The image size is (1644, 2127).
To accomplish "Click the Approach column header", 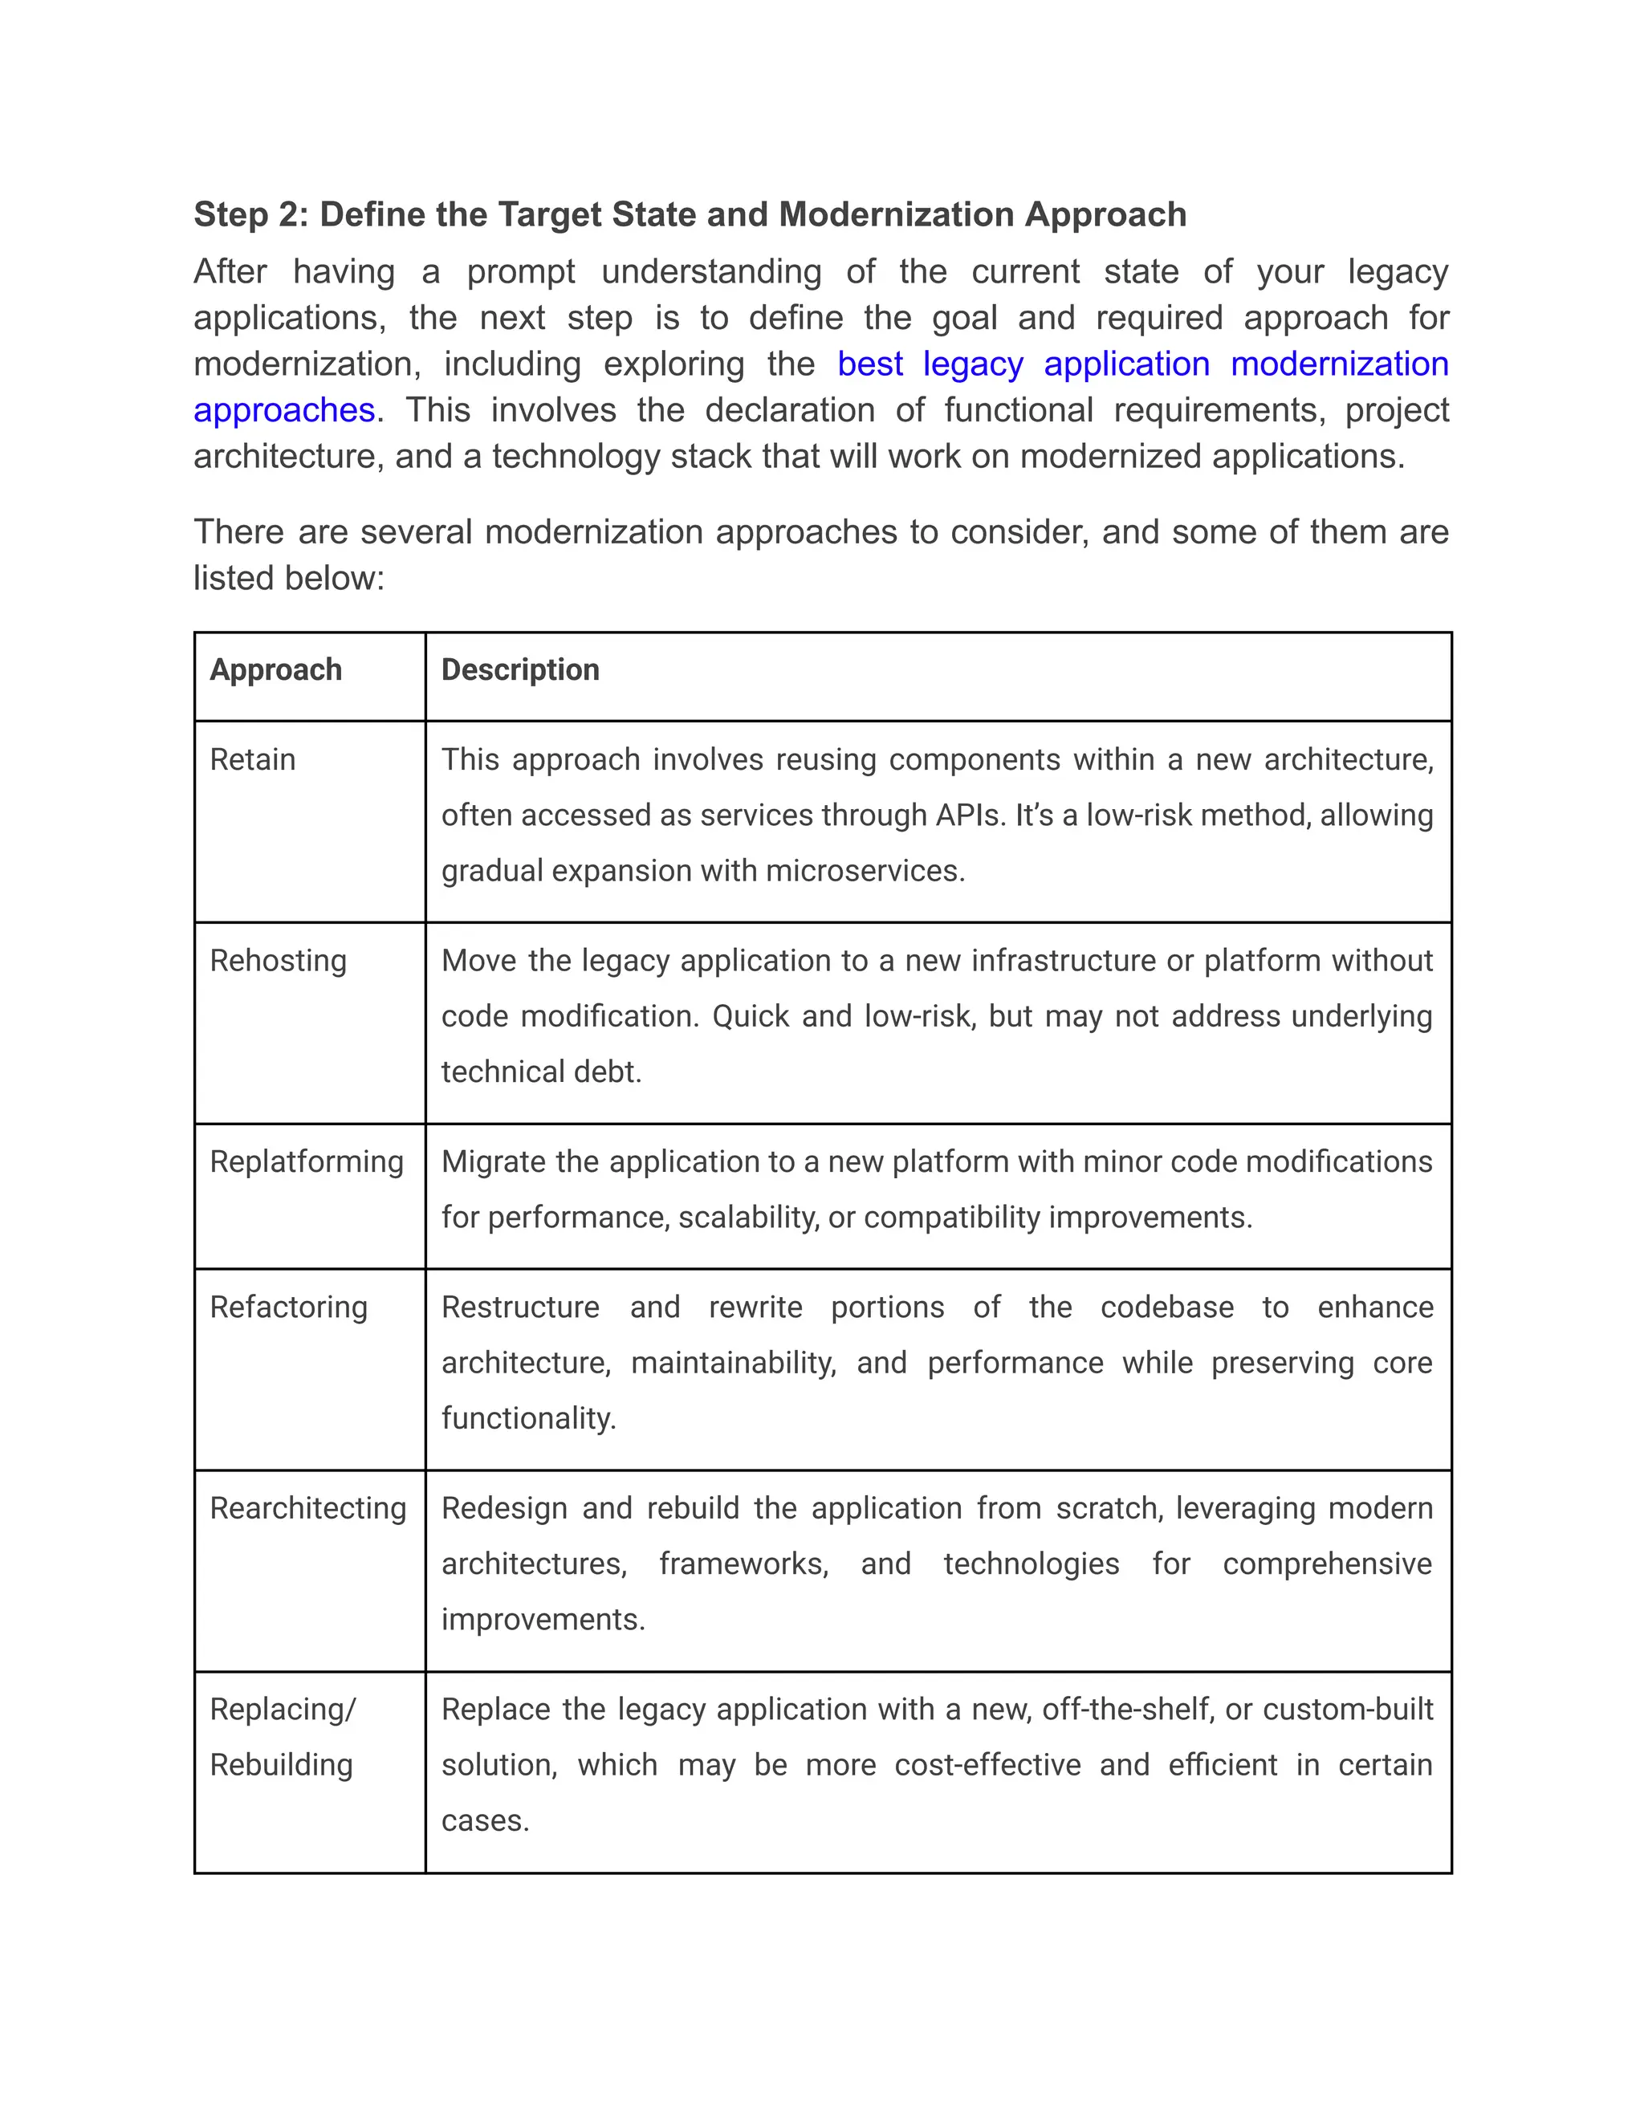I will [275, 670].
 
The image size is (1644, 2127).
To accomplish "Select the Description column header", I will [520, 670].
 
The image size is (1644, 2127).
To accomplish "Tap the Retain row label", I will [252, 759].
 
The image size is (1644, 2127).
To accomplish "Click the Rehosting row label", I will [278, 962].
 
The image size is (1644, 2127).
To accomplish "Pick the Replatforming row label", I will [306, 1162].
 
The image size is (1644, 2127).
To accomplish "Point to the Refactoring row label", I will [288, 1307].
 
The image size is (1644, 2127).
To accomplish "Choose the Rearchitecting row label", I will [307, 1509].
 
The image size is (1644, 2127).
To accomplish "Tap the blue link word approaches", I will [283, 410].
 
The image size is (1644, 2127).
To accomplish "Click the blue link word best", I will [869, 364].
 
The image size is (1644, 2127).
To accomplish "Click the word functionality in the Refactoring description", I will [528, 1418].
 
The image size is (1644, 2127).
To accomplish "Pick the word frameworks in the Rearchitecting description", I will [743, 1564].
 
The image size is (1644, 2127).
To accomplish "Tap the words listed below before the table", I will [287, 579].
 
